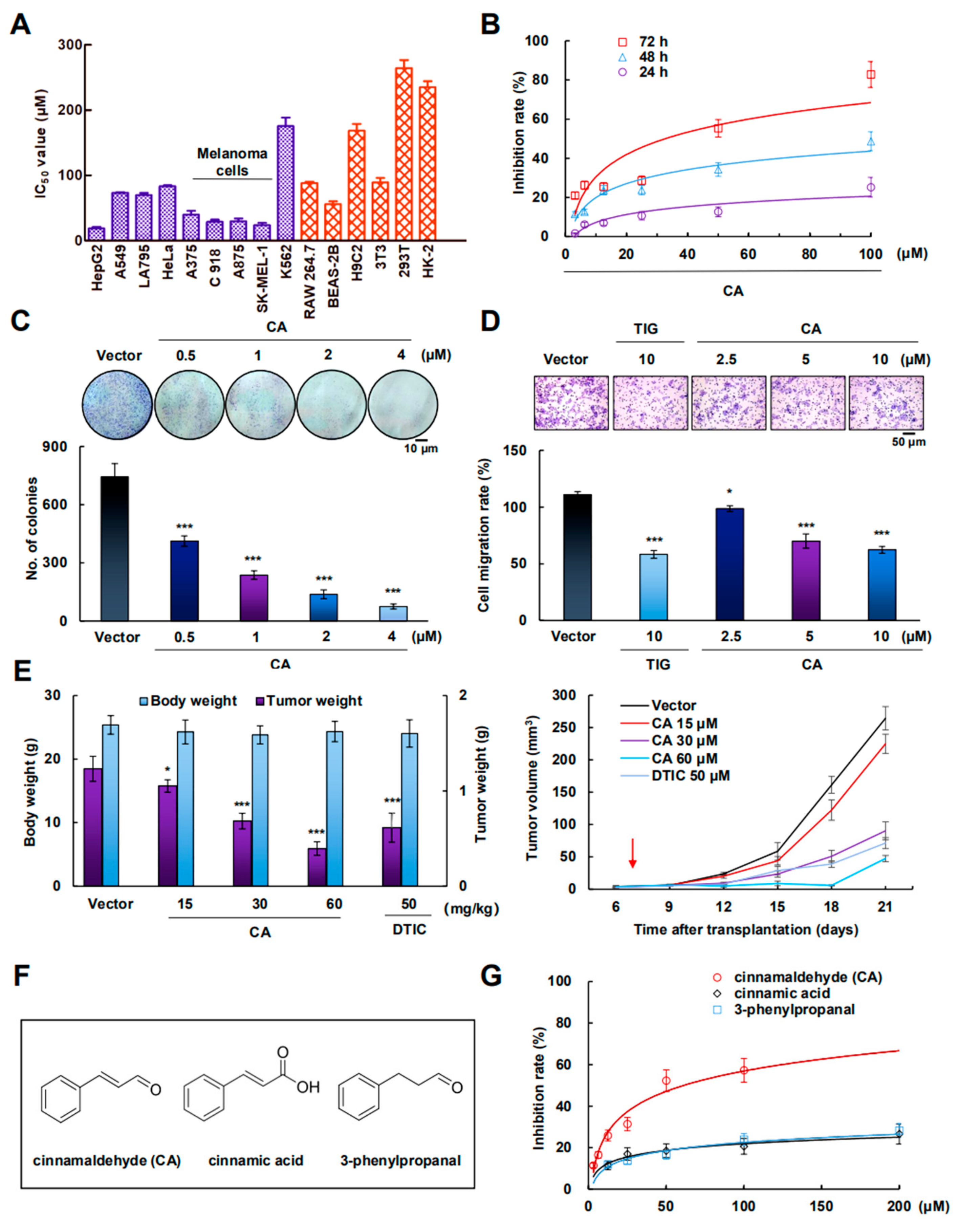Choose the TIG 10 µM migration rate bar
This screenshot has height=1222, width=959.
[x=654, y=586]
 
